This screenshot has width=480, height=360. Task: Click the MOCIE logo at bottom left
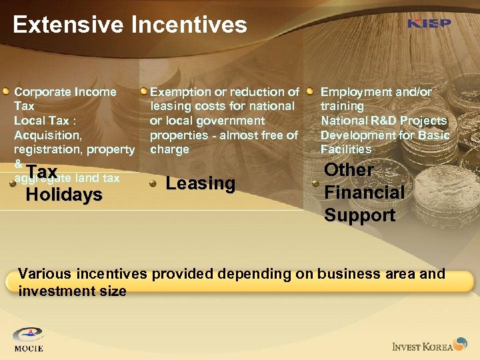[28, 339]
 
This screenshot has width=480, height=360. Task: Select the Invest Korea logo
[431, 345]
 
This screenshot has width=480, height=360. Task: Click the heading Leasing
[200, 183]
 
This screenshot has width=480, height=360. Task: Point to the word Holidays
[64, 195]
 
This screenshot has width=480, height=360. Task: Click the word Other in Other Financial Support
[348, 170]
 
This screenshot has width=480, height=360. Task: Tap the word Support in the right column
[360, 215]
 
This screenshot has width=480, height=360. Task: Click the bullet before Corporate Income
[6, 91]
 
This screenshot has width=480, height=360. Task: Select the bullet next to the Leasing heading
[153, 185]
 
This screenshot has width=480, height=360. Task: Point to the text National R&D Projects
[383, 121]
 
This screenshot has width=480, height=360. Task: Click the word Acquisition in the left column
[47, 135]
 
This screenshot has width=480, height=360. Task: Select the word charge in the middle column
[169, 149]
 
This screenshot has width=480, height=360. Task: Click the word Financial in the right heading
[364, 193]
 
